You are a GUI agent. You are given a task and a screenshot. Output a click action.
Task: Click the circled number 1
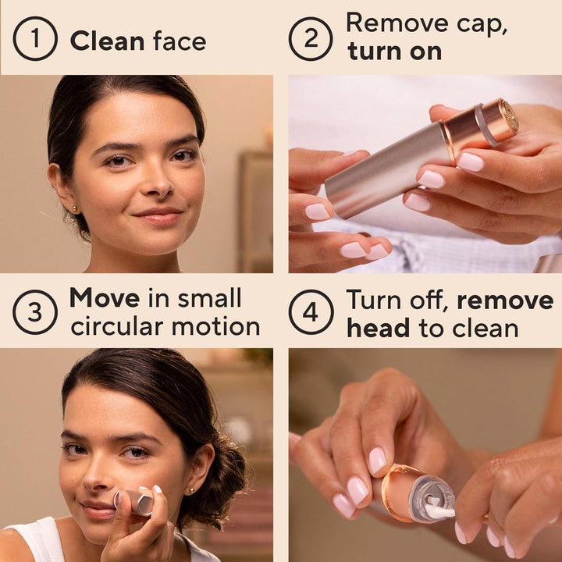pyautogui.click(x=35, y=39)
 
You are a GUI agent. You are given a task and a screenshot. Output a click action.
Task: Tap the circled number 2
pyautogui.click(x=311, y=39)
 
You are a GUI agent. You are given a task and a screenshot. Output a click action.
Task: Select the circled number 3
pyautogui.click(x=35, y=312)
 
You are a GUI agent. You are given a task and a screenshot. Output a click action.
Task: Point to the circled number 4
pyautogui.click(x=311, y=312)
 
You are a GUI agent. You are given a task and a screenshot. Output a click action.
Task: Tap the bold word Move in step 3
pyautogui.click(x=104, y=298)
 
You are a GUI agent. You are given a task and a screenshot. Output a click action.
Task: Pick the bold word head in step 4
pyautogui.click(x=379, y=328)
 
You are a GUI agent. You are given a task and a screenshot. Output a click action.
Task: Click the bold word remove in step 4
pyautogui.click(x=505, y=300)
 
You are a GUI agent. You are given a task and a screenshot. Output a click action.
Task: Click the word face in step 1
pyautogui.click(x=180, y=41)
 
